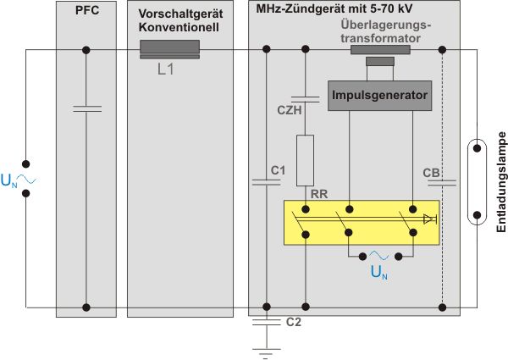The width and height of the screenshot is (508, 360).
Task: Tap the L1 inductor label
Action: coord(166,70)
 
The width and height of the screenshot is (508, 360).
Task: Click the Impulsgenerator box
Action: coord(378,94)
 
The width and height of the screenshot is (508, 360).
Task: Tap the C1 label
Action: coord(277,173)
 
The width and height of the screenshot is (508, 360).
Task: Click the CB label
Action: coord(431,173)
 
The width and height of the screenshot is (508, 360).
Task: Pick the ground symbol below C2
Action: coord(267,348)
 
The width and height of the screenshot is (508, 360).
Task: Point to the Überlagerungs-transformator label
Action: coord(381,31)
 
